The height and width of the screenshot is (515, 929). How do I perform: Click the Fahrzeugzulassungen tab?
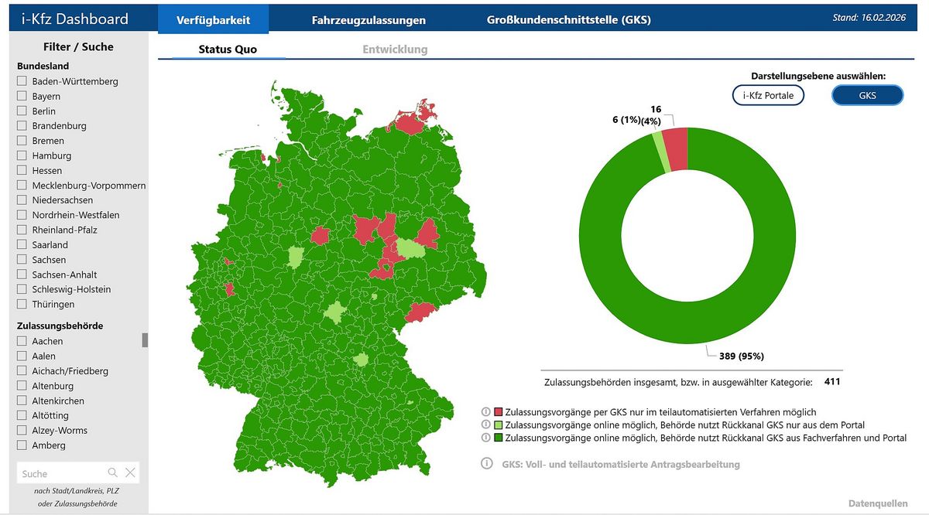click(369, 20)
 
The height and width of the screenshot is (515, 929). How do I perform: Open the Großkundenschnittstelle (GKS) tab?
click(568, 20)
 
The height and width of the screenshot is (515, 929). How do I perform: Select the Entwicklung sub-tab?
click(395, 49)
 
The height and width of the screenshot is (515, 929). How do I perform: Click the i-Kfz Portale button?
click(768, 95)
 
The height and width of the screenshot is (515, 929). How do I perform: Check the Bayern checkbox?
click(22, 96)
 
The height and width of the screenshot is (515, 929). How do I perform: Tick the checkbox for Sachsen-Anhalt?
click(22, 275)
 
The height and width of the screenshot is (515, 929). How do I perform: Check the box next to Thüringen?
click(22, 304)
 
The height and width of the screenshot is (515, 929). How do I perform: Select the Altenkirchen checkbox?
click(22, 401)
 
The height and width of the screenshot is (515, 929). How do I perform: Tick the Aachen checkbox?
click(22, 341)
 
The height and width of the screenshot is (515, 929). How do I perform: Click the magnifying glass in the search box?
click(113, 472)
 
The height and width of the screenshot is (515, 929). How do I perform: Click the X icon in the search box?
click(130, 472)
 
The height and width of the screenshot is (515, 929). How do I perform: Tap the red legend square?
click(499, 412)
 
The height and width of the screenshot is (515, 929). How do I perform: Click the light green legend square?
click(499, 425)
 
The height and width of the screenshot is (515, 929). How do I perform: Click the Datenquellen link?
click(878, 503)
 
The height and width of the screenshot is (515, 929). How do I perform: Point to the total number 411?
click(832, 381)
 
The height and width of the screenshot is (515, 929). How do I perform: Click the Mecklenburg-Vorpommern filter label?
click(89, 186)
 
